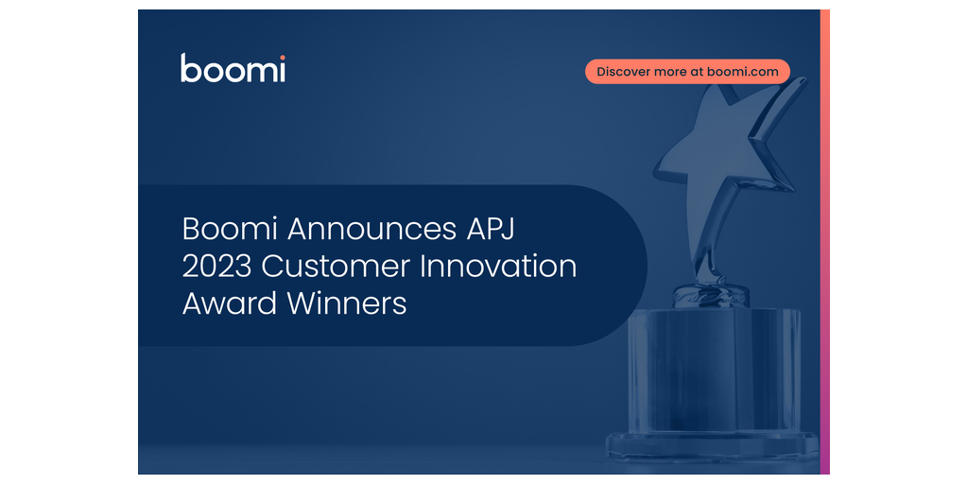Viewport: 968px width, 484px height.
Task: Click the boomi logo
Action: [x=233, y=68]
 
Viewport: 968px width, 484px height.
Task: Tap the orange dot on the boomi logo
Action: [x=282, y=58]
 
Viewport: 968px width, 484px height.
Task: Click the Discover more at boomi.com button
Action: [x=688, y=72]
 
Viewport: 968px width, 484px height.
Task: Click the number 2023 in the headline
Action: [x=216, y=268]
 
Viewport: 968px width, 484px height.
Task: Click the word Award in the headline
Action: [x=233, y=304]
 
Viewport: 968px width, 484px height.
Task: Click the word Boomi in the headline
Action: [x=231, y=230]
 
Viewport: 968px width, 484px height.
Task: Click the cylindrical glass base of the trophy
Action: [x=714, y=371]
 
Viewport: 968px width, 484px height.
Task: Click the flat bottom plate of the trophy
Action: [x=712, y=446]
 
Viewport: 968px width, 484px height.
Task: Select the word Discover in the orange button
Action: [x=623, y=72]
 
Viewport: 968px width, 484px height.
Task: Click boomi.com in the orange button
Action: [x=743, y=72]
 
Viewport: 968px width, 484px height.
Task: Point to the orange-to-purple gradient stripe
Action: [x=824, y=242]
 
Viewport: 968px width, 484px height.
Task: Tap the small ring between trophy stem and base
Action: [x=711, y=295]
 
